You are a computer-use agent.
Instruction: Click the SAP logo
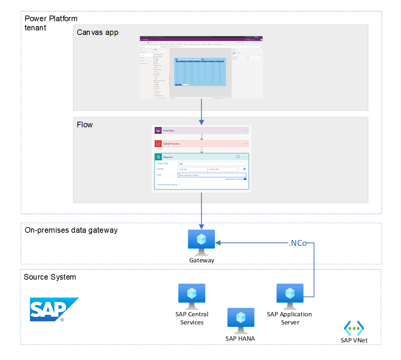point(54,309)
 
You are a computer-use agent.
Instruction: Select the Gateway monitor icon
point(201,242)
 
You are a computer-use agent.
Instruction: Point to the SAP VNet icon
point(353,328)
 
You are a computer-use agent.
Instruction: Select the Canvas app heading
point(98,32)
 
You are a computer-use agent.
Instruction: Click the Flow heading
point(85,124)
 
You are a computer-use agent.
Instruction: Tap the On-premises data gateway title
point(71,230)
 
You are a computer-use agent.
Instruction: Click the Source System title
point(50,277)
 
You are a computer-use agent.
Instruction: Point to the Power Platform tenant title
point(51,23)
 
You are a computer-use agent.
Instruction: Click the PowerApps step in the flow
point(201,130)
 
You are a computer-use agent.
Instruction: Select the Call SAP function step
point(201,144)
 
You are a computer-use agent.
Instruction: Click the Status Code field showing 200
point(211,164)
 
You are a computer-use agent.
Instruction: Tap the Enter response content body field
point(211,175)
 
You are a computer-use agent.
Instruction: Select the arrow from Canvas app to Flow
point(202,111)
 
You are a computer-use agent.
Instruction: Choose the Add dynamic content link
point(234,179)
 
